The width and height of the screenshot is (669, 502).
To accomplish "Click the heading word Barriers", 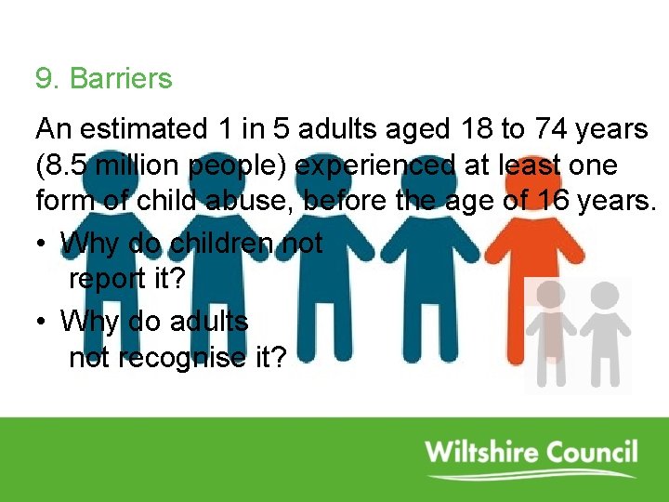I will pos(121,79).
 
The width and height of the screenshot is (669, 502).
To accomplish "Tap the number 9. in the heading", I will pos(48,79).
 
